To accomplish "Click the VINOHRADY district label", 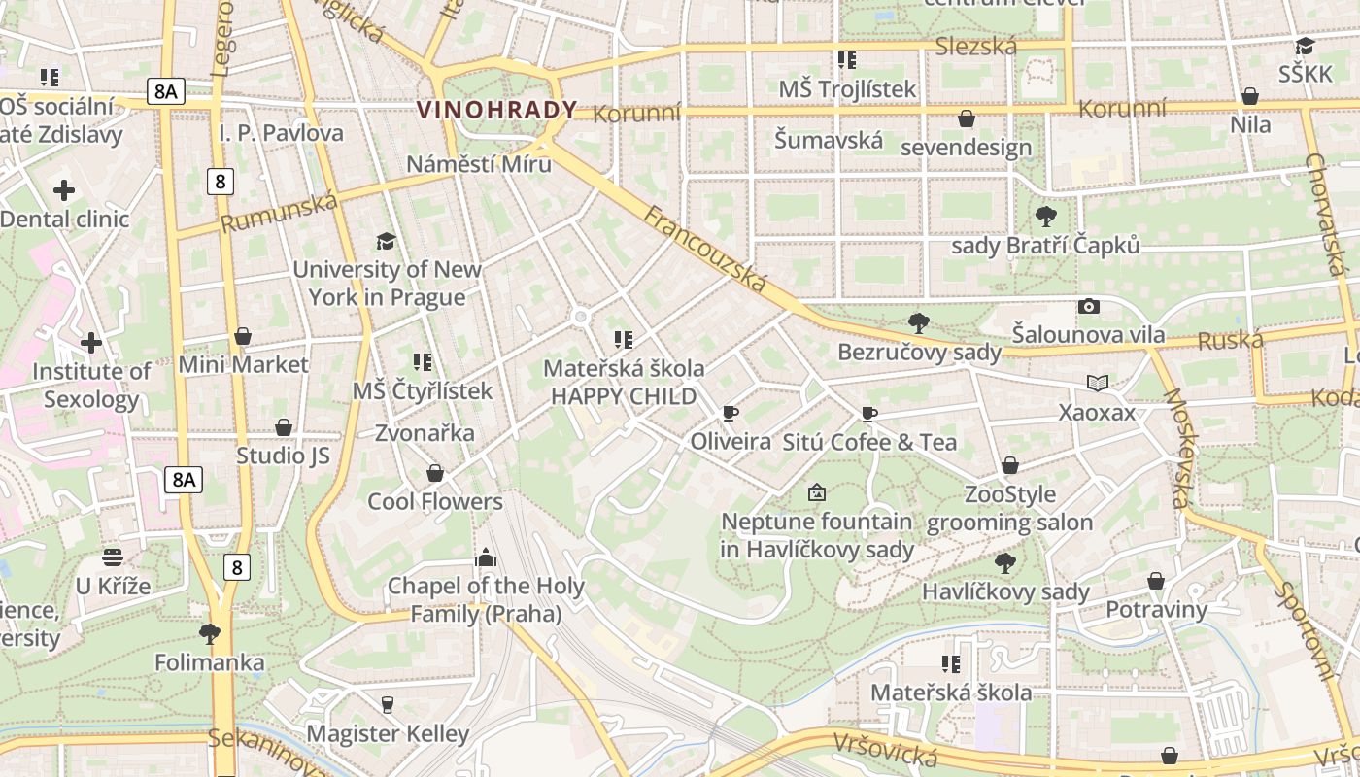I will click(x=496, y=110).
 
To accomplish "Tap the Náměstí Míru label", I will click(x=479, y=163).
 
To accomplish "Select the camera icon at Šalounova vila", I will click(x=1089, y=307).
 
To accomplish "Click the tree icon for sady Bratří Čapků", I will click(x=1046, y=216).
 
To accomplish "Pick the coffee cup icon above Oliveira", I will click(x=730, y=414).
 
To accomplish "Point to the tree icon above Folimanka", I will click(x=209, y=634).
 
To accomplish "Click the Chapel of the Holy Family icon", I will click(x=485, y=557).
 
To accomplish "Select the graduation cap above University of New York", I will click(x=386, y=241).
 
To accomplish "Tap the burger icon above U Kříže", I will click(x=114, y=557).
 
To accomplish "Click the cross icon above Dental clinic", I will click(x=64, y=190).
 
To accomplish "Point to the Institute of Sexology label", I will click(x=91, y=386).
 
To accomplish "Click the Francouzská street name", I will click(x=705, y=250).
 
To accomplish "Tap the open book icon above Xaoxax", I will click(x=1098, y=384).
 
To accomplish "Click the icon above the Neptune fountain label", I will click(x=816, y=493).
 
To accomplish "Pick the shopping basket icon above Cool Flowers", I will click(x=435, y=473).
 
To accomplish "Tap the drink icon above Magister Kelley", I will click(x=388, y=704).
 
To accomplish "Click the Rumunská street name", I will click(x=279, y=213).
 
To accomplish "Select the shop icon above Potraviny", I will click(x=1156, y=581).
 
